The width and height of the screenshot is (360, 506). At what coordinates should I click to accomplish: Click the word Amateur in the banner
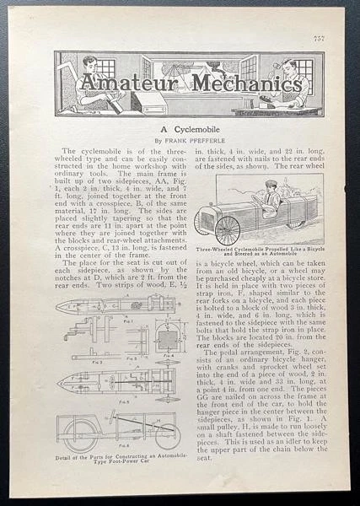pos(126,83)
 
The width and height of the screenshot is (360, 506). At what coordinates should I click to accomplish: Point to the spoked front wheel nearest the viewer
pos(228,229)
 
